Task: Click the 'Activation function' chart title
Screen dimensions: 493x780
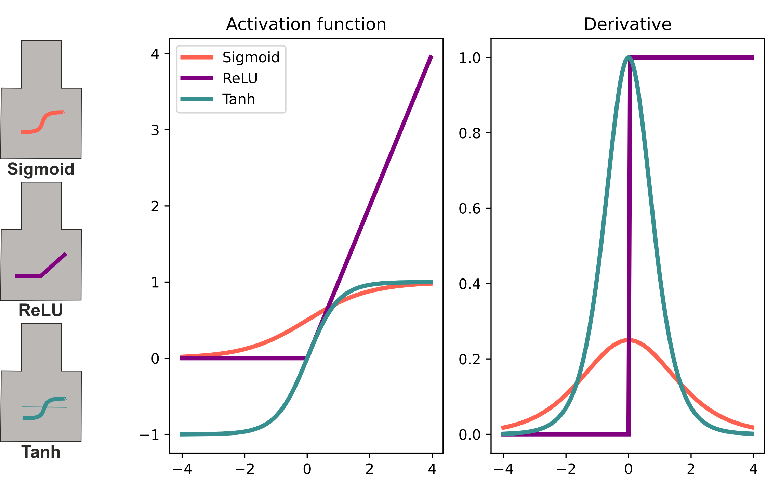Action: (x=306, y=24)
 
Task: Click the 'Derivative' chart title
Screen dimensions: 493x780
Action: (x=627, y=24)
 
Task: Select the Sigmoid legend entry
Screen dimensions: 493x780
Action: (x=251, y=57)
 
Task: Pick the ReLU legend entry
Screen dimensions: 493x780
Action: (x=240, y=78)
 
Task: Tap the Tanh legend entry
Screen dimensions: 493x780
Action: (x=239, y=99)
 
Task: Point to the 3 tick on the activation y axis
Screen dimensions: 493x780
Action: (x=155, y=130)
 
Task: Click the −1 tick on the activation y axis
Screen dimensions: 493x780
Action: (x=150, y=434)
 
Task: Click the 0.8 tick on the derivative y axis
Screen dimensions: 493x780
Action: (x=470, y=133)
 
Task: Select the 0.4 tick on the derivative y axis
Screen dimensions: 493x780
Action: (x=470, y=284)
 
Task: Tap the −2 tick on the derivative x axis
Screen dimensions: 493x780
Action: (x=566, y=469)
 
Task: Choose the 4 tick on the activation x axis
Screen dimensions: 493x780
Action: (x=432, y=469)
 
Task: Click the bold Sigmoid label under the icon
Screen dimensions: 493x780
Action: (x=41, y=169)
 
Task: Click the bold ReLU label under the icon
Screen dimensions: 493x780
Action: (x=41, y=310)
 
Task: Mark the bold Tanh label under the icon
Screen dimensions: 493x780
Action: (x=41, y=452)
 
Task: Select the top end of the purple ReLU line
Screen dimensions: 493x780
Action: (x=432, y=56)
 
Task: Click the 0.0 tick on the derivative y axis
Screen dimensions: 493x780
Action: (x=470, y=434)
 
